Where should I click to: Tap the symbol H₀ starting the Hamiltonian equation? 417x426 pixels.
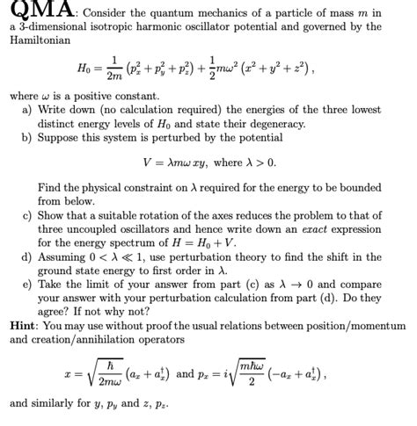tap(87, 69)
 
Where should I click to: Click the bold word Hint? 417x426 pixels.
tap(24, 324)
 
